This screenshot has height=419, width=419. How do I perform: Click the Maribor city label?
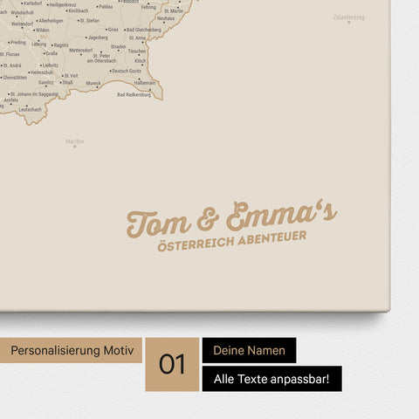pyautogui.click(x=75, y=140)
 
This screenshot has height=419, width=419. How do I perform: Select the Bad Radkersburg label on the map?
pyautogui.click(x=134, y=94)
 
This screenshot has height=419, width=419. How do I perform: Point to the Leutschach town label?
pyautogui.click(x=30, y=109)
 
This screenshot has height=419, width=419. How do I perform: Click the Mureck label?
pyautogui.click(x=93, y=83)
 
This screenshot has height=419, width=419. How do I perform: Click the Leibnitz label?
pyautogui.click(x=50, y=65)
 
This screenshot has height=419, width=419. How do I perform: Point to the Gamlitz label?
pyautogui.click(x=46, y=83)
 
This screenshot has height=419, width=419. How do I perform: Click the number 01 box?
pyautogui.click(x=172, y=364)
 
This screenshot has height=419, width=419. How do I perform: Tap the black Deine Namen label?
pyautogui.click(x=249, y=350)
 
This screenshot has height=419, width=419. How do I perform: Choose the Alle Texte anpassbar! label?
pyautogui.click(x=271, y=379)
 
